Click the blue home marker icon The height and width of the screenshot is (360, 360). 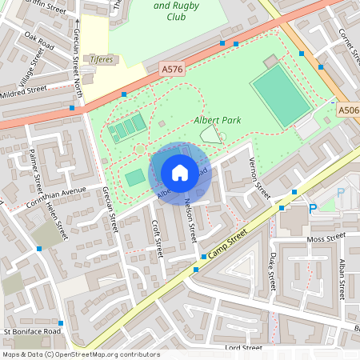180,172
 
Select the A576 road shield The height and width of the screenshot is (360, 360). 172,70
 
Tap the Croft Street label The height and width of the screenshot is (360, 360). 157,238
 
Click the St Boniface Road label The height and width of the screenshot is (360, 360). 32,330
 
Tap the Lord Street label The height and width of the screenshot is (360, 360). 243,348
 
